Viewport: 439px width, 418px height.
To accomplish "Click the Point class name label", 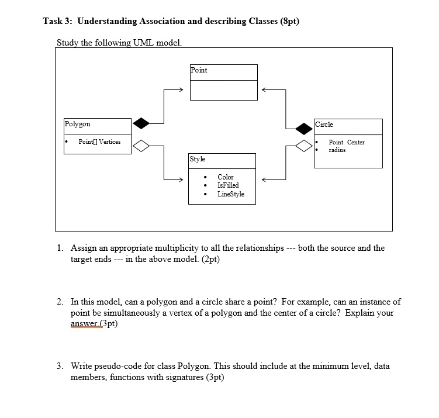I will tap(199, 70).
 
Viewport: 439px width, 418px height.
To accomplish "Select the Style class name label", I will tap(197, 159).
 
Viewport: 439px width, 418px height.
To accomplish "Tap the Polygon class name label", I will tap(78, 124).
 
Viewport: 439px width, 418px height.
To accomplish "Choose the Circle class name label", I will tap(324, 125).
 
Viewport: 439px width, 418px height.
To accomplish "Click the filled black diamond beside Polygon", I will tap(141, 123).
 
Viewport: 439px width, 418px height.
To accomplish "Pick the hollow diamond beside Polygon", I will tap(141, 146).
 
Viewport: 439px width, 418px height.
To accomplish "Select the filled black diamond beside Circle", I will tap(304, 128).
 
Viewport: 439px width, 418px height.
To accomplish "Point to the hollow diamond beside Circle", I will tap(304, 146).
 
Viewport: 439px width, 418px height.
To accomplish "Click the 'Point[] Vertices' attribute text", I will tap(99, 142).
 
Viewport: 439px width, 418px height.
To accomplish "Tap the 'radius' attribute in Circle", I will tap(337, 150).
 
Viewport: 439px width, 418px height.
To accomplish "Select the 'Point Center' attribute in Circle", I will tap(347, 142).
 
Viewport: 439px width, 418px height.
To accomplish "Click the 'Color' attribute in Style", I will tap(225, 177).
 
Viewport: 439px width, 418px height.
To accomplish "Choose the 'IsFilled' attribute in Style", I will tap(228, 185).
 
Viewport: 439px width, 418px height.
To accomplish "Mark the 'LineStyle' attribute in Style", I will tap(231, 194).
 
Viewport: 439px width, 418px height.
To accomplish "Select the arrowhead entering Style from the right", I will tap(265, 179).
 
